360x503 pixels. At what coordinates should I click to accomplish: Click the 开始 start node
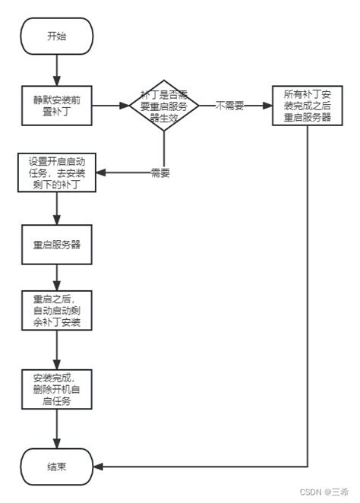pos(57,36)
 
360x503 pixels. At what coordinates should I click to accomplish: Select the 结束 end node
pos(57,467)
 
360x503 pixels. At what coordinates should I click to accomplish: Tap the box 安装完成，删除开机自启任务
pos(57,390)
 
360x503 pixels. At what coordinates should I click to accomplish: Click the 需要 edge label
pos(159,172)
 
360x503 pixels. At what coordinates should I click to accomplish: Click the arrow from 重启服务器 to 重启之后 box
pos(57,277)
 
